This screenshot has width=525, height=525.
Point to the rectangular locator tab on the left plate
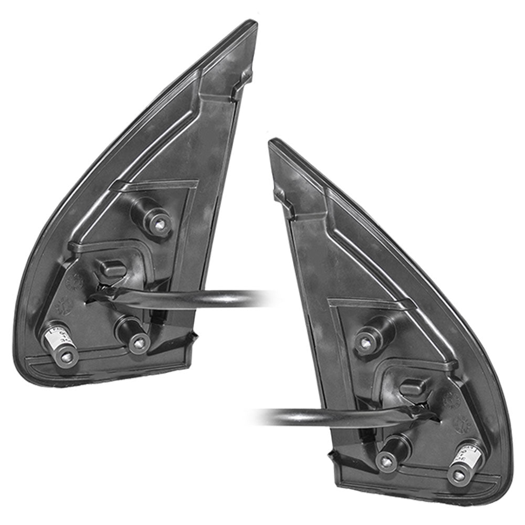[x=113, y=269]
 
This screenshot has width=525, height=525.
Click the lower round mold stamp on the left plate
[x=63, y=305]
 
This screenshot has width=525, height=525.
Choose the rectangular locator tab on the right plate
[x=412, y=387]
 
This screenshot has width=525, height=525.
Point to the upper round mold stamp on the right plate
[x=450, y=399]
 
